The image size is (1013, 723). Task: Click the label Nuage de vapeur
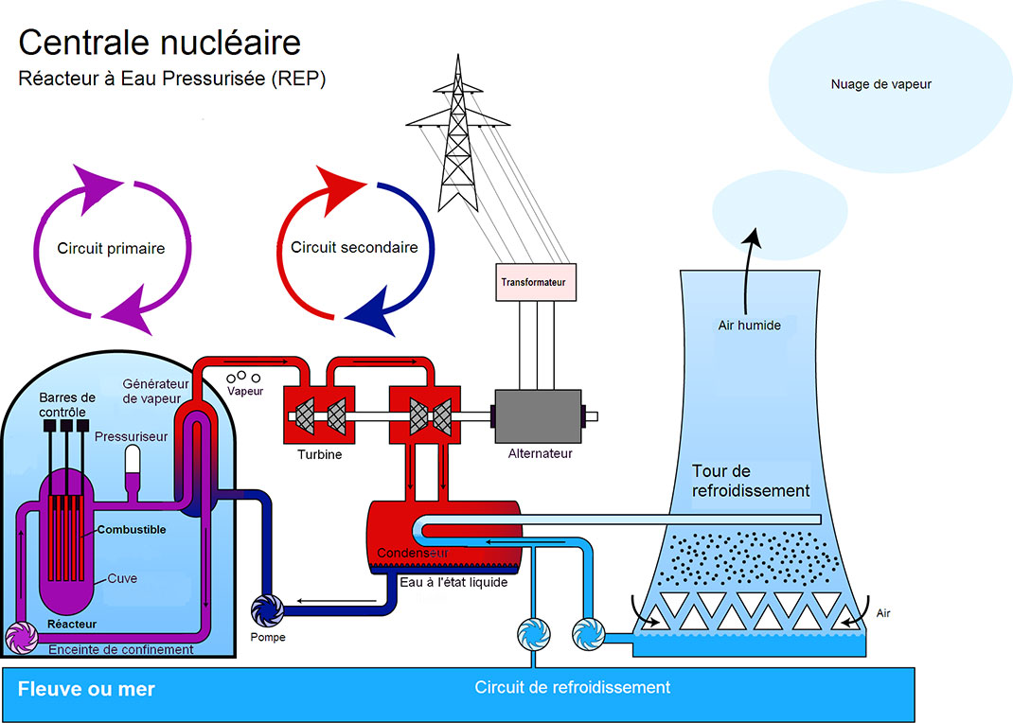pos(880,84)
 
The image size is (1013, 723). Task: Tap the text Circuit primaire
pos(111,249)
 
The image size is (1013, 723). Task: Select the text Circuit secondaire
pos(354,248)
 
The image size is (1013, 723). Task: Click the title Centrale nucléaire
pos(159,42)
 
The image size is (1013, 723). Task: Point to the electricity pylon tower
pos(458,142)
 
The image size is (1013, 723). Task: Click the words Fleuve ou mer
pos(86,689)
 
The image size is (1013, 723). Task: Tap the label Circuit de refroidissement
pos(572,687)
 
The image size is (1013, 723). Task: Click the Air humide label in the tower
pos(749,326)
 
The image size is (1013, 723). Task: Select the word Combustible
pos(130,530)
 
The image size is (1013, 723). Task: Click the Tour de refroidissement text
pos(750,481)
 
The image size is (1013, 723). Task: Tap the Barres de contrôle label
pos(67,404)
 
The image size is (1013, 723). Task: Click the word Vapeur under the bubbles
pos(244,391)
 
